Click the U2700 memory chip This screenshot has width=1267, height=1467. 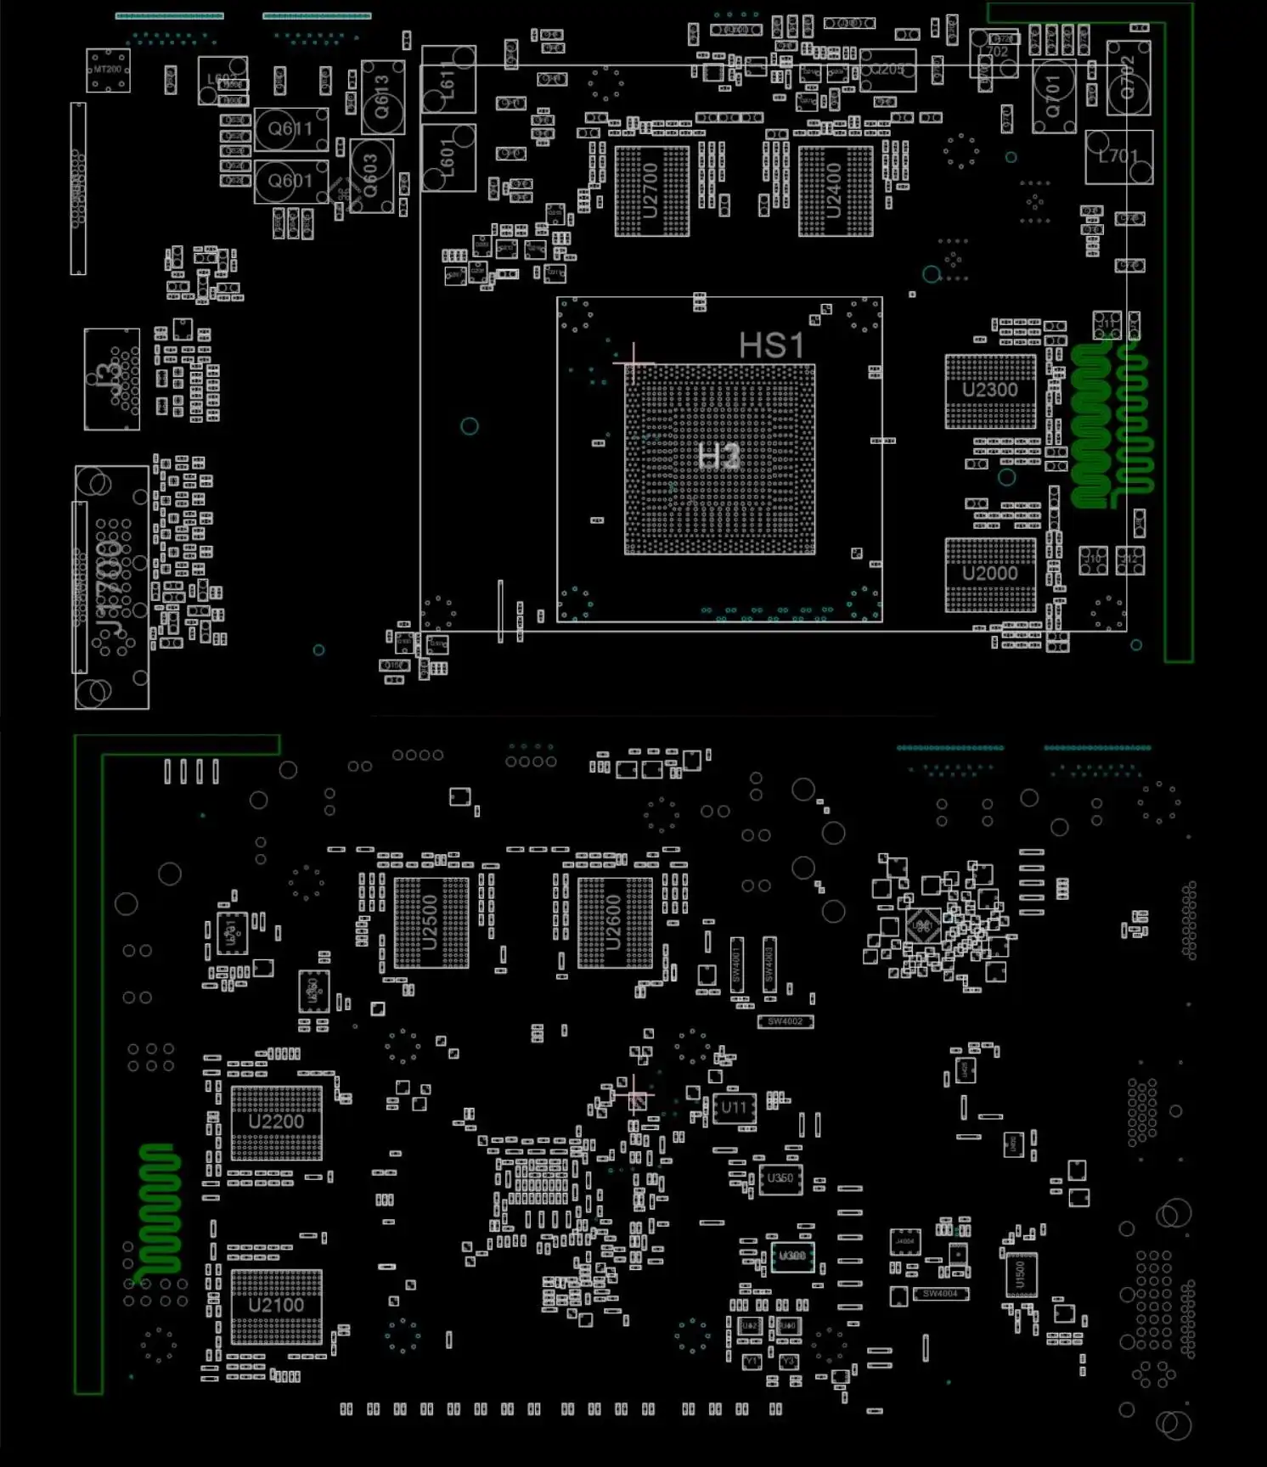(x=651, y=192)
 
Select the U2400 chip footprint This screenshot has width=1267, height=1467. (x=835, y=192)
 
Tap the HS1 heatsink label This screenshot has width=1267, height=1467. (x=771, y=346)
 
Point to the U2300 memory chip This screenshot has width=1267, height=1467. (x=990, y=391)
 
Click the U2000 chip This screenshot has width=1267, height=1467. (x=990, y=574)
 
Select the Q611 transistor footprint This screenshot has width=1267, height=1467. (x=291, y=129)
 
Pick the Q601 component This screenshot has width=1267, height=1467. (x=290, y=181)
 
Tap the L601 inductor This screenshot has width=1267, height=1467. (x=448, y=158)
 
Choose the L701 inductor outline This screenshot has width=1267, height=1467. (x=1118, y=157)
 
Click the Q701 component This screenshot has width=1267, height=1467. (x=1054, y=96)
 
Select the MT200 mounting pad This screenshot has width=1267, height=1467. (x=108, y=70)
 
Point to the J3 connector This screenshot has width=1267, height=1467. (x=111, y=379)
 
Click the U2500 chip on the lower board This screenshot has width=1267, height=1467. (x=431, y=922)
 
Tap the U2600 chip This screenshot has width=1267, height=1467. (x=615, y=922)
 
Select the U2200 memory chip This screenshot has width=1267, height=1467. (x=276, y=1122)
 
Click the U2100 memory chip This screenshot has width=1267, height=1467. (x=276, y=1306)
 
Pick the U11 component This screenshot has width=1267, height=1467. (x=735, y=1108)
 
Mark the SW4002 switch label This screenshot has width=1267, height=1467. (x=786, y=1021)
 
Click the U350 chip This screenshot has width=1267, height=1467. (x=780, y=1178)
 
